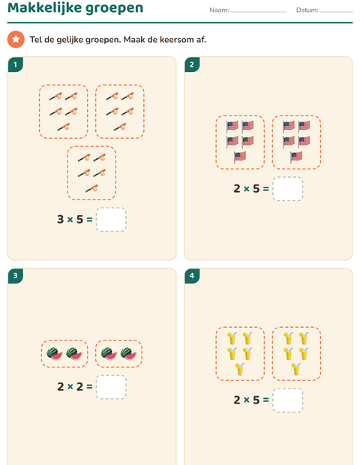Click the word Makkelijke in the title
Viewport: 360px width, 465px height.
pos(44,7)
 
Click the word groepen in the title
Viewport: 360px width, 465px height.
pos(114,9)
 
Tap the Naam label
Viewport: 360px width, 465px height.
pos(219,10)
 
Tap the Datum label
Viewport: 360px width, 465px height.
pos(307,10)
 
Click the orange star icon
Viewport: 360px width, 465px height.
pos(16,40)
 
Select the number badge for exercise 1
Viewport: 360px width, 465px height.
pos(16,64)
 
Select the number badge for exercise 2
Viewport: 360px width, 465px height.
pos(192,64)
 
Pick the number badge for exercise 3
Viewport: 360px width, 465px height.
pos(16,276)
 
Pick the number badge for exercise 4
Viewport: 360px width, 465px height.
pos(192,276)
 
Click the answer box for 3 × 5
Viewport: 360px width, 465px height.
pos(111,220)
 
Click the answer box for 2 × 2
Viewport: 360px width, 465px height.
pos(111,387)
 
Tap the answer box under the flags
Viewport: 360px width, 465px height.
pos(288,188)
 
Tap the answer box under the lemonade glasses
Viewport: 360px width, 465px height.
pos(288,400)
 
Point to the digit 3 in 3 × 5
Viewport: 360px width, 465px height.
pos(61,220)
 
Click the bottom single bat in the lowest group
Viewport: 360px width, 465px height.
pos(92,188)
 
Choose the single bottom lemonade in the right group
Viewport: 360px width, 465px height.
pos(296,369)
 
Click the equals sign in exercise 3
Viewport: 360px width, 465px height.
pos(89,387)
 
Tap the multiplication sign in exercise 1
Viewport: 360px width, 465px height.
pos(70,220)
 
